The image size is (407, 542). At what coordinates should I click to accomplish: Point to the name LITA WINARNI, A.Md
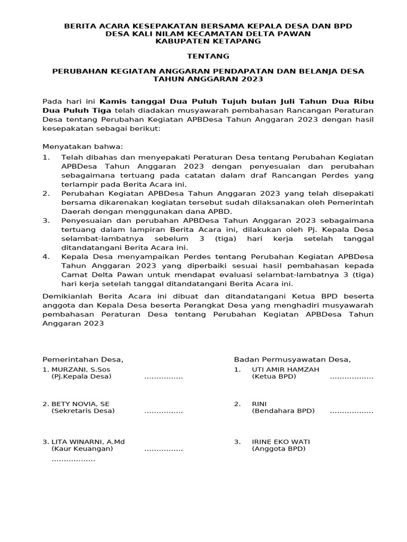(x=84, y=441)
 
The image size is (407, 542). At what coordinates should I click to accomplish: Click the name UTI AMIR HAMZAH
(x=285, y=369)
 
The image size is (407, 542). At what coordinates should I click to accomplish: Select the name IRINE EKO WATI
(x=281, y=441)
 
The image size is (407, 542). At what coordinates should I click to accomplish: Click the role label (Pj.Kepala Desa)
(x=81, y=377)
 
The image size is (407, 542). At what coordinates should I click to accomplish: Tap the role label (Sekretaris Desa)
(x=83, y=411)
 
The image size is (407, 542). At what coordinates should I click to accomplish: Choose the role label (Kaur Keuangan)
(x=82, y=449)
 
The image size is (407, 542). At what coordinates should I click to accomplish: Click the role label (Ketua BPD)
(x=274, y=377)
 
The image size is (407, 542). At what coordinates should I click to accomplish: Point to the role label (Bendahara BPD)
(x=283, y=411)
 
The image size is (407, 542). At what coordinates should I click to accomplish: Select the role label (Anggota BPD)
(x=279, y=449)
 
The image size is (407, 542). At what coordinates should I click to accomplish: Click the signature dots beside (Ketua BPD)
(x=351, y=378)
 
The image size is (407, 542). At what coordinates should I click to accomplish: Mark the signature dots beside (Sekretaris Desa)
(x=163, y=412)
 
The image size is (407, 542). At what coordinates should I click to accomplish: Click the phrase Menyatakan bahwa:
(x=82, y=146)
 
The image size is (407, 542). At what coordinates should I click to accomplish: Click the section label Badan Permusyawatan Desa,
(x=292, y=359)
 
